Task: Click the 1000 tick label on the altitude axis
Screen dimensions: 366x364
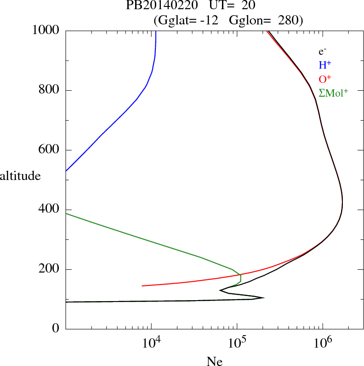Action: pos(45,30)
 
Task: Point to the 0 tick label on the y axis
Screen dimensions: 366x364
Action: pos(56,329)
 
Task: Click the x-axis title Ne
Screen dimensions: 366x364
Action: pos(214,361)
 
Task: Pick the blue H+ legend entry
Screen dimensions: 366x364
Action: pos(325,65)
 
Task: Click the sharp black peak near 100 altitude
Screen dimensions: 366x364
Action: pos(263,297)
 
